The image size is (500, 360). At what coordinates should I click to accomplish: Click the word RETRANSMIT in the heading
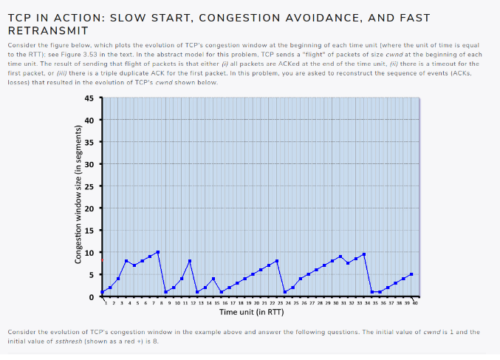48,31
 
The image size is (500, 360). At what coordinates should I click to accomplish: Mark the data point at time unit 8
157,252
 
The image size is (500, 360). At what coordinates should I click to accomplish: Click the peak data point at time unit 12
189,261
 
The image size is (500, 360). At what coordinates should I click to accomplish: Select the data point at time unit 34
364,254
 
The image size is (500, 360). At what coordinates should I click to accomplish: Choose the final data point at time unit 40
411,274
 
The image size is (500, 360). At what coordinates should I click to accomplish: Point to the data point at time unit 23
276,261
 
